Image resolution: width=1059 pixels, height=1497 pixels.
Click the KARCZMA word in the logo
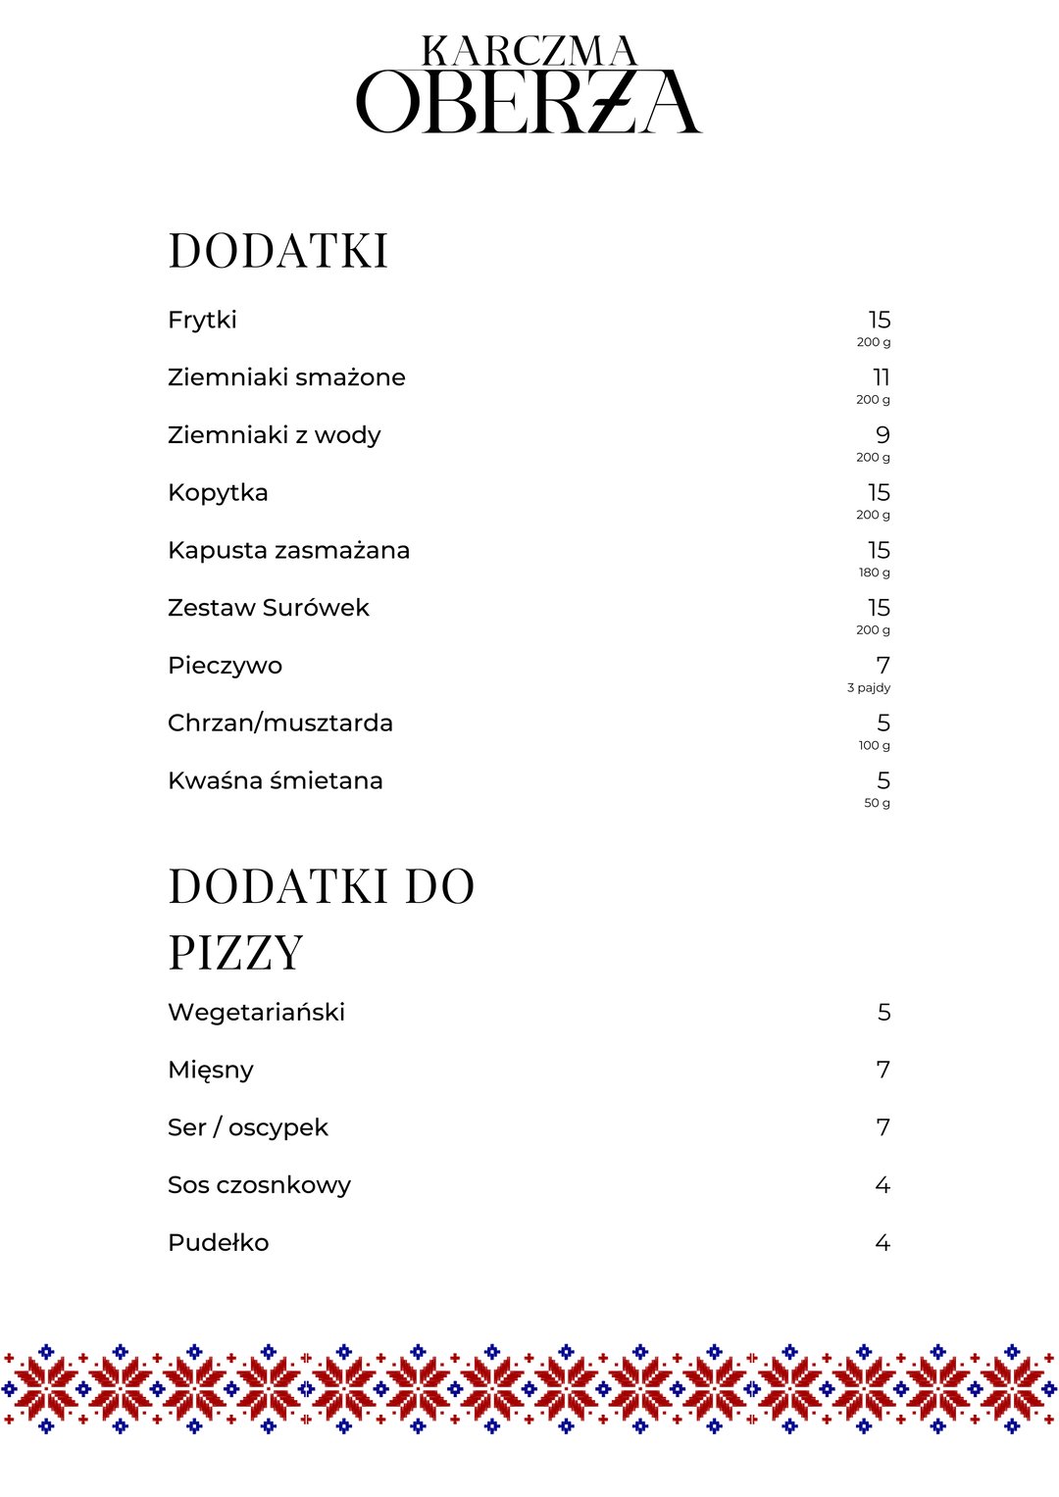coord(529,51)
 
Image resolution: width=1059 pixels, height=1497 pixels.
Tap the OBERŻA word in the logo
coord(529,102)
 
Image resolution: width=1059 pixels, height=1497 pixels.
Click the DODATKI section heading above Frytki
coord(278,251)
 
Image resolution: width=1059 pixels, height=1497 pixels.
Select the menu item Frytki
coord(202,321)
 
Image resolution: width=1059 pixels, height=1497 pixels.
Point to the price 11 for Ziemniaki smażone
coord(881,377)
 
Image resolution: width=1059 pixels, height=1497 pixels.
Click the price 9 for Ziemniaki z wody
coord(882,435)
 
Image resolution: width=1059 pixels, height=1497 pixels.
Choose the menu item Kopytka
coord(218,493)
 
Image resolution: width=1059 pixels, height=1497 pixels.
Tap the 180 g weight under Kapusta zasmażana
coord(875,573)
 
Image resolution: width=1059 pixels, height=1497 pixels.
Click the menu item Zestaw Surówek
coord(269,608)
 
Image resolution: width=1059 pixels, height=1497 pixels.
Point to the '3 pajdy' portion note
coord(869,688)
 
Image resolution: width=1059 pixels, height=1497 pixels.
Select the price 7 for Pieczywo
coord(882,666)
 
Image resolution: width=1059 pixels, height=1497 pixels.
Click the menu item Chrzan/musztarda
coord(280,724)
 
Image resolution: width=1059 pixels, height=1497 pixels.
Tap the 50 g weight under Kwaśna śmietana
coord(877,803)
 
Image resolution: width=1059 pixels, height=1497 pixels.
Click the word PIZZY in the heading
coord(235,953)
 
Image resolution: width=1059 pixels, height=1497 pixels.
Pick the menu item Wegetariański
coord(256,1013)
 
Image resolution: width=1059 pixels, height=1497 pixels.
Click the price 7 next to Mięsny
coord(882,1070)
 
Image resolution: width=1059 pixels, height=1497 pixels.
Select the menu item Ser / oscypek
coord(248,1127)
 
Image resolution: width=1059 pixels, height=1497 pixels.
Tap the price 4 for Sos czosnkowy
coord(882,1185)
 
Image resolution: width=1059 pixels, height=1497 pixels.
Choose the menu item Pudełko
coord(218,1243)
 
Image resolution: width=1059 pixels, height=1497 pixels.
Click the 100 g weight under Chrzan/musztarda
coord(875,746)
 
